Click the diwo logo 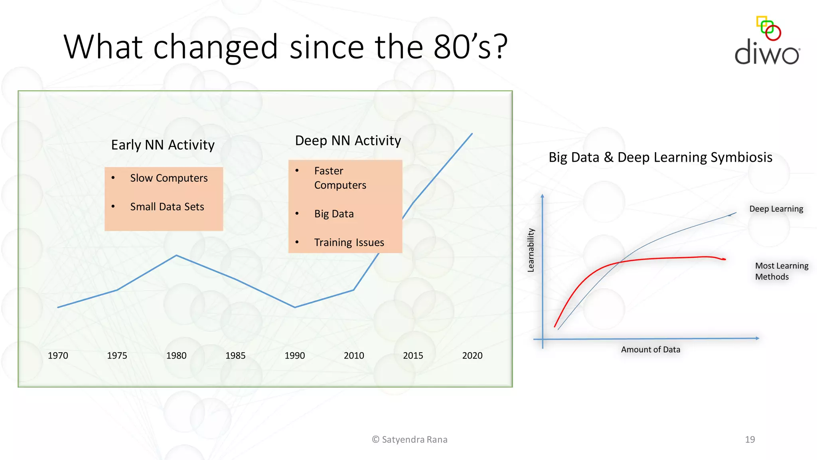coord(767,42)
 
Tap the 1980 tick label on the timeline coord(176,355)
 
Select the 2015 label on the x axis coord(413,355)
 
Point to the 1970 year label coord(58,355)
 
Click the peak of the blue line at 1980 coord(176,256)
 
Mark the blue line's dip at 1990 coord(295,307)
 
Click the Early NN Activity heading coord(163,145)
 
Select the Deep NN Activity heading coord(348,141)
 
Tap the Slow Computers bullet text coord(169,178)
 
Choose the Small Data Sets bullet coord(167,207)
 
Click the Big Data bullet coord(334,214)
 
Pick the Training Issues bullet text coord(349,243)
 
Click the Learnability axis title coord(531,250)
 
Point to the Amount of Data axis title coord(650,349)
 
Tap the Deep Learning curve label coord(776,209)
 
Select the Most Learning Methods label coord(781,271)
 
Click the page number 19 coord(750,439)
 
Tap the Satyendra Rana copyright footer coord(410,439)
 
